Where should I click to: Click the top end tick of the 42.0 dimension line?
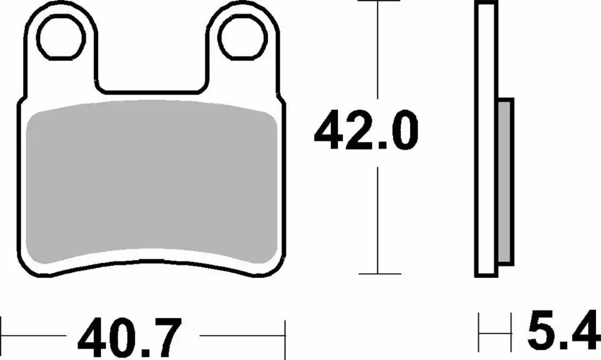pyautogui.click(x=379, y=2)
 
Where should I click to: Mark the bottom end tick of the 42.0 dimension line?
pyautogui.click(x=379, y=274)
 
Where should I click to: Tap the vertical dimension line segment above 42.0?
pyautogui.click(x=379, y=56)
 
